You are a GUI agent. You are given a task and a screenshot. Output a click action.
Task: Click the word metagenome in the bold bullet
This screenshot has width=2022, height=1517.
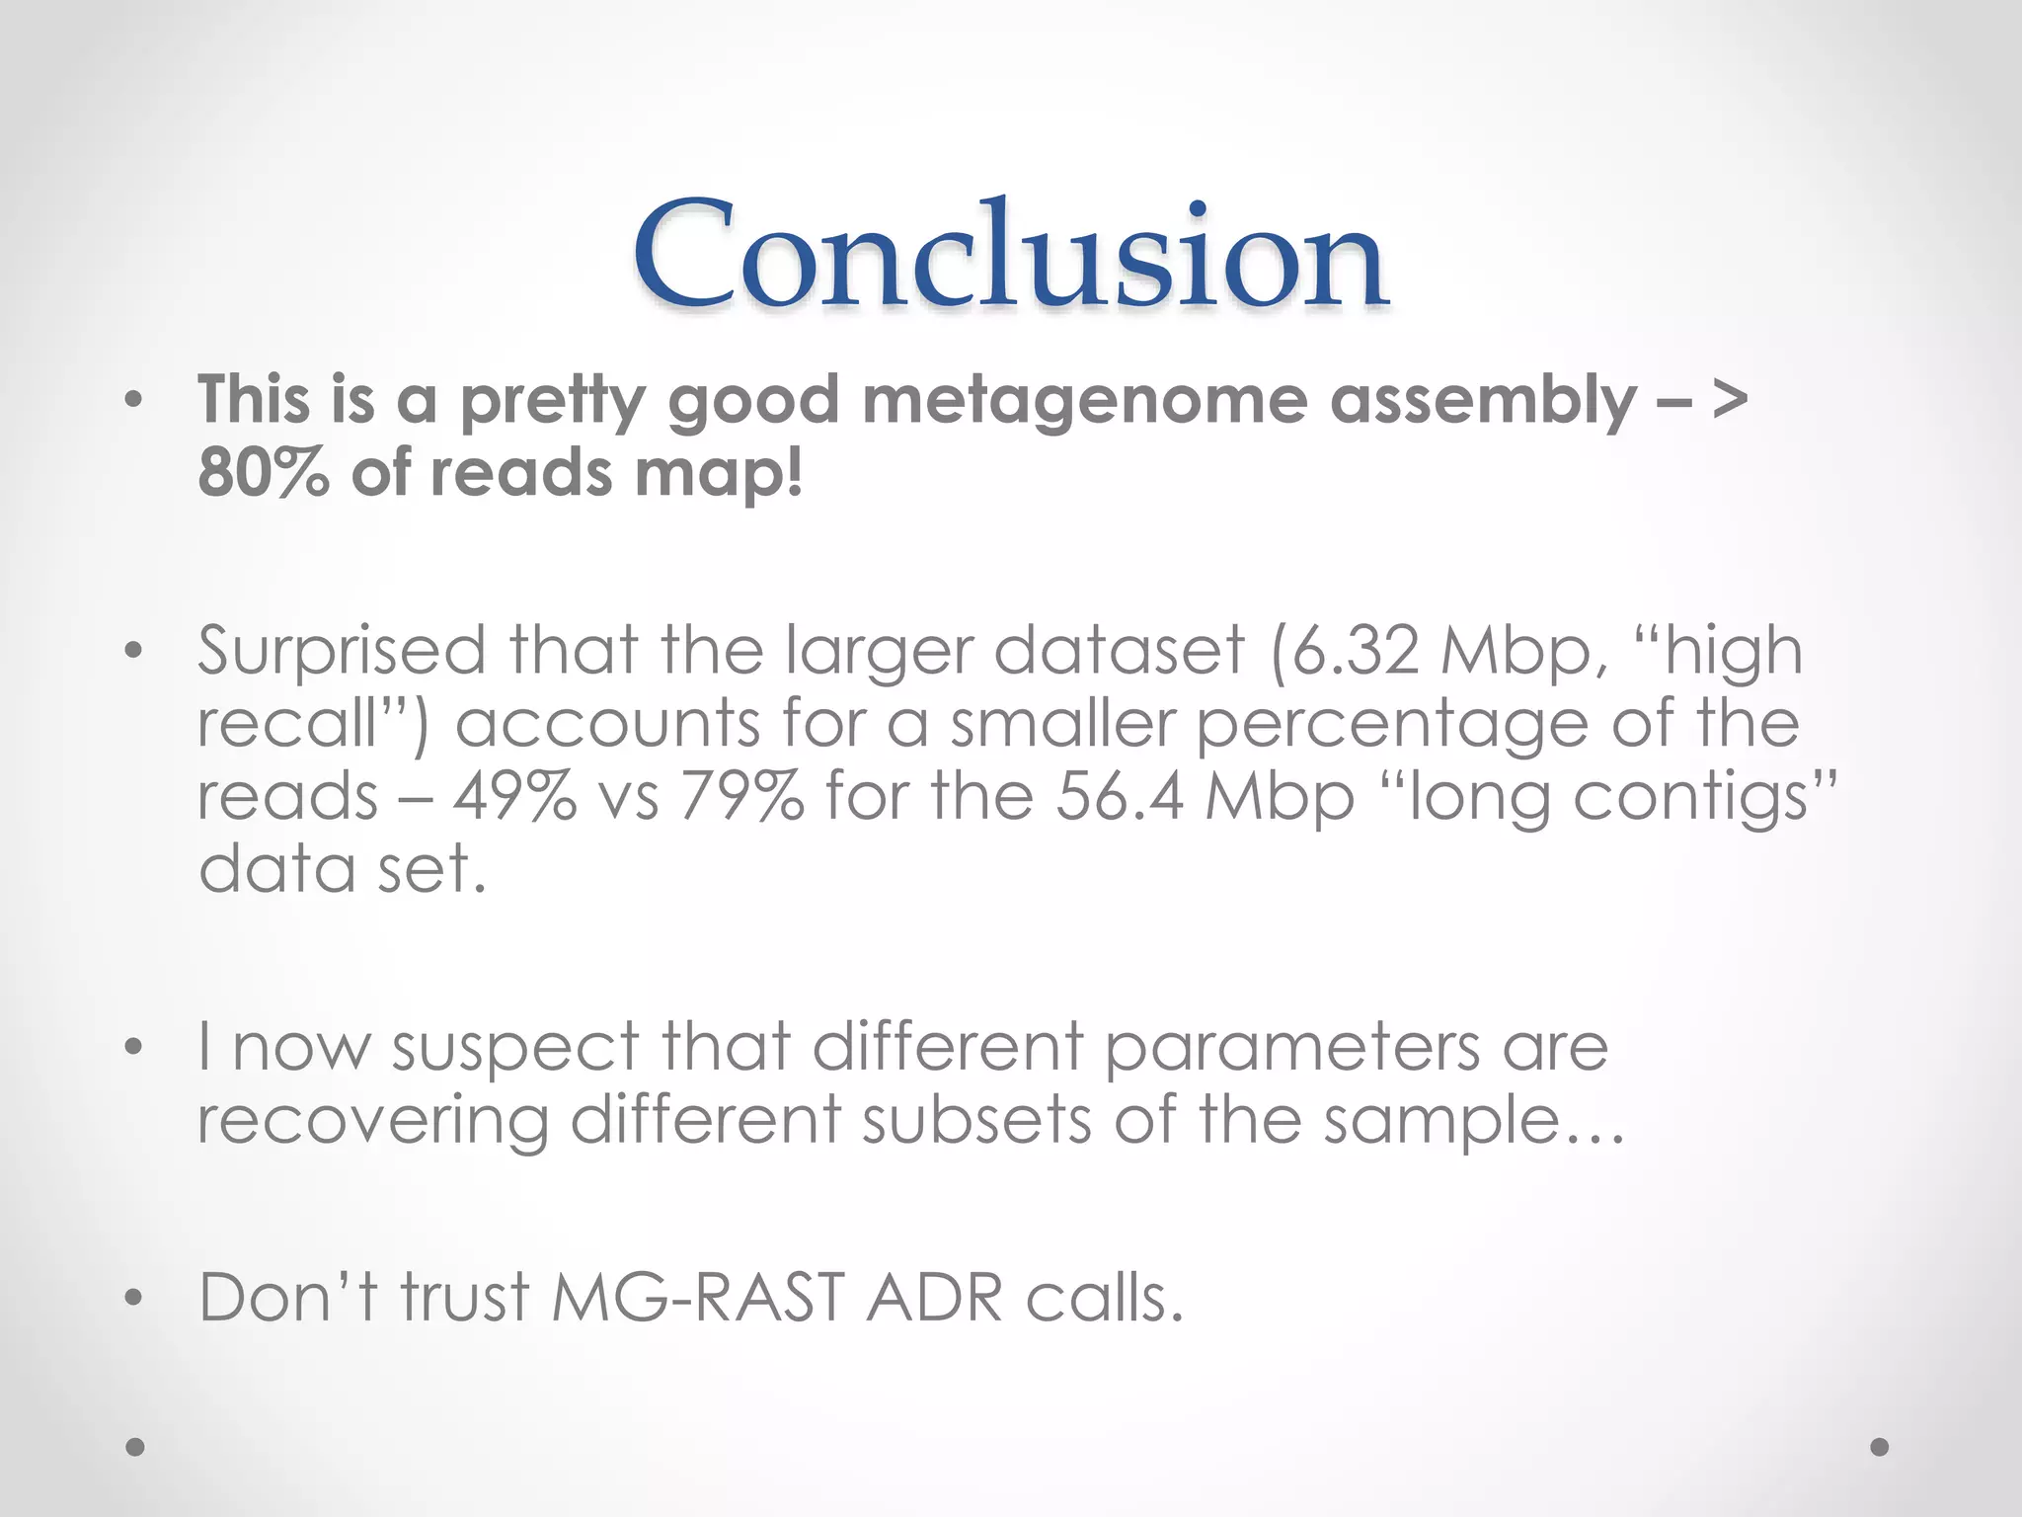(x=1085, y=402)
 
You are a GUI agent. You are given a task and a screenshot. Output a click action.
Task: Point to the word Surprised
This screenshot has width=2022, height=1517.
(x=342, y=652)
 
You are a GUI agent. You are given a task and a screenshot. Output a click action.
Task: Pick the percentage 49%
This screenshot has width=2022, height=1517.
(x=514, y=796)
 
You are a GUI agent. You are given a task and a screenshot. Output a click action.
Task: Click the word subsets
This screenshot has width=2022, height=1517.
(x=976, y=1120)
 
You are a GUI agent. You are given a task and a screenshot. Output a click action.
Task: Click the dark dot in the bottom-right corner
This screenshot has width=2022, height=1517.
(x=1880, y=1447)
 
